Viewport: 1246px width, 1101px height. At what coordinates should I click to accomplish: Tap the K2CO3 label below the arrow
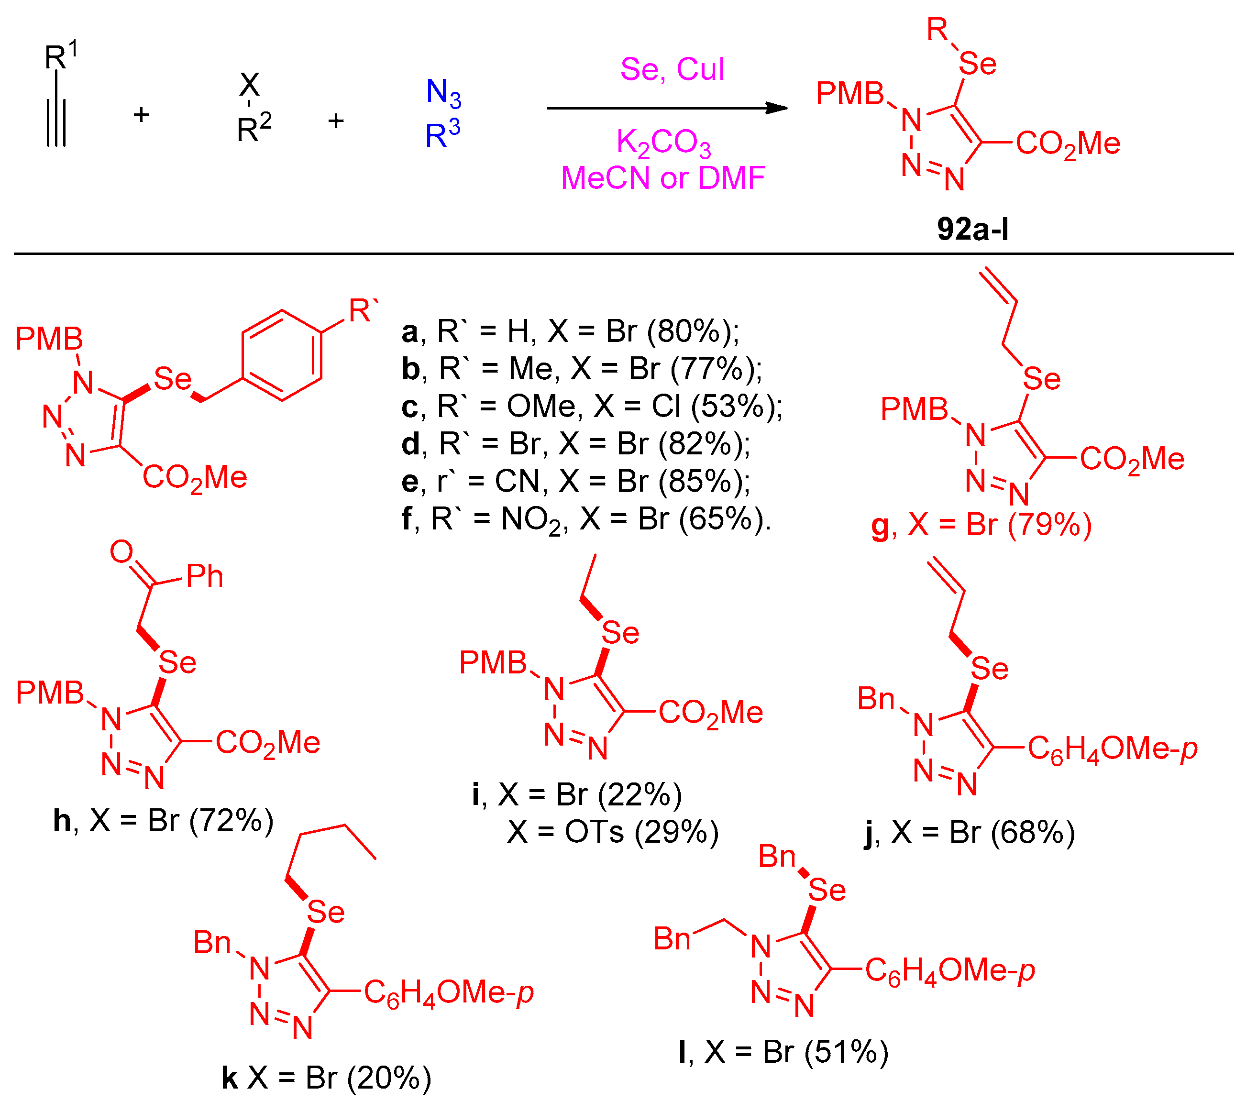click(663, 144)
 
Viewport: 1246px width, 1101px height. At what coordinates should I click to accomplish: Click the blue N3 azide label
click(443, 93)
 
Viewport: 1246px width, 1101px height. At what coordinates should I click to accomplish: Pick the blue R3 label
click(442, 133)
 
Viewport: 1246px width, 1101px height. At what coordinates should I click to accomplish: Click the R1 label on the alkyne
click(60, 56)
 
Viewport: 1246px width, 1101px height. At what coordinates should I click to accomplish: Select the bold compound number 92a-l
click(972, 229)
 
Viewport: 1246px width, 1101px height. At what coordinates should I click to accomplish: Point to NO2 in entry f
click(531, 520)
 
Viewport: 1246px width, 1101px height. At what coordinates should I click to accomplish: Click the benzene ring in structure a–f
click(282, 355)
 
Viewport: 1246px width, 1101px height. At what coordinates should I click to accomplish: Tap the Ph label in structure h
click(204, 576)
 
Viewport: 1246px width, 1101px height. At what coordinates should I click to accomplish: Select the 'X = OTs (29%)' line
click(613, 832)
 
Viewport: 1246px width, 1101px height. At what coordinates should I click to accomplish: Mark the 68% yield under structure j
click(1032, 833)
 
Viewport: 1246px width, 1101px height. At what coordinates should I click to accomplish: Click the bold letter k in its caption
click(229, 1078)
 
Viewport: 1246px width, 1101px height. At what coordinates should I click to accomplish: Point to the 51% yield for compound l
click(846, 1052)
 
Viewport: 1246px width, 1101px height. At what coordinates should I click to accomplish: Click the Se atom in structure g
click(1041, 379)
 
